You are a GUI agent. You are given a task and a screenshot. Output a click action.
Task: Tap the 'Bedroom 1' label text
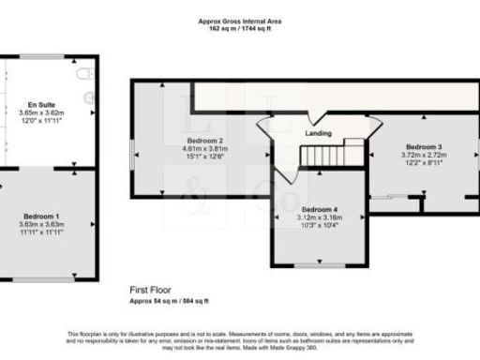click(x=40, y=217)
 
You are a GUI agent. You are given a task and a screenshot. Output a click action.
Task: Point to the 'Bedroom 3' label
click(x=423, y=147)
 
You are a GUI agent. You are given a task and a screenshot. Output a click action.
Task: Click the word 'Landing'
click(x=318, y=134)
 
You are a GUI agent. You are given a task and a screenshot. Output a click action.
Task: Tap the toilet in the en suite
click(x=86, y=73)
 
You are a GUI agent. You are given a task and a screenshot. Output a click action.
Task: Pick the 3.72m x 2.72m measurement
click(x=423, y=155)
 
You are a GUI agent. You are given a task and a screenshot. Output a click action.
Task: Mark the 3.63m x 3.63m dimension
click(x=40, y=224)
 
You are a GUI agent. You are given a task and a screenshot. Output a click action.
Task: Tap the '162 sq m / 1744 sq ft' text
click(x=239, y=28)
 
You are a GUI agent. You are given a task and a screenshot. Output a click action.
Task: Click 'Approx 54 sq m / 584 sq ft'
click(x=169, y=300)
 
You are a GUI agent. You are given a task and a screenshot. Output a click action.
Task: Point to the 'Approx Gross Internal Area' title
click(x=239, y=21)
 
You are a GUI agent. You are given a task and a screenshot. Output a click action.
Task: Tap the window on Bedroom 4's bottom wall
click(x=320, y=266)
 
